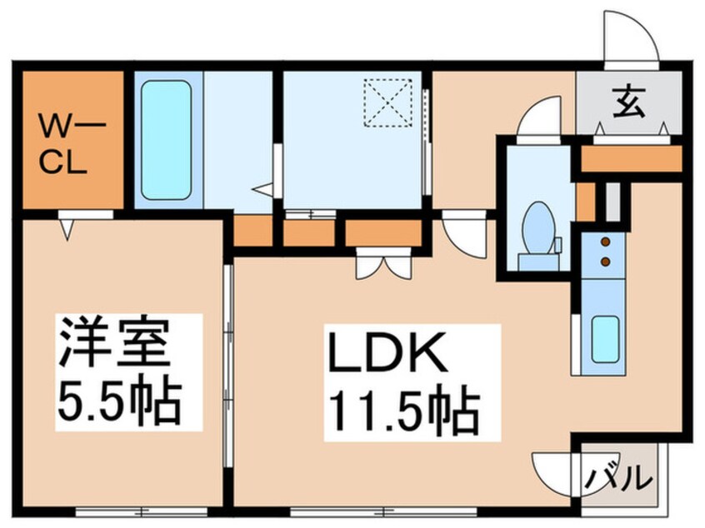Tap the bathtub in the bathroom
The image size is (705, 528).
click(x=167, y=139)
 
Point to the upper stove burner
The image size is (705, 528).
click(x=606, y=243)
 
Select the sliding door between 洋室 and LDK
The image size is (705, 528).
click(x=227, y=366)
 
